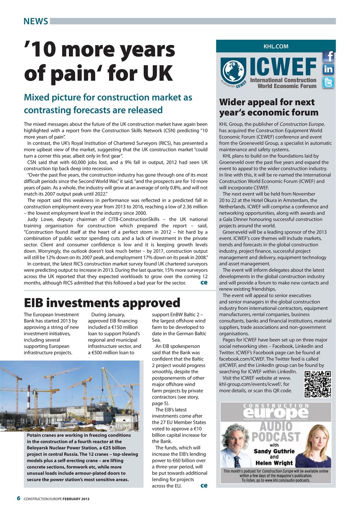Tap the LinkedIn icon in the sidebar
328,70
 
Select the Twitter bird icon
328,83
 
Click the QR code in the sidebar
317,384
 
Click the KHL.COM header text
276,47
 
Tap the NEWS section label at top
35,21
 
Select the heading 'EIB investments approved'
102,303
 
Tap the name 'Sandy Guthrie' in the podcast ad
275,451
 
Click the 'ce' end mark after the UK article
204,282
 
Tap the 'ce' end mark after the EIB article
204,485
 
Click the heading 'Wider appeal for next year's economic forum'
269,107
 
